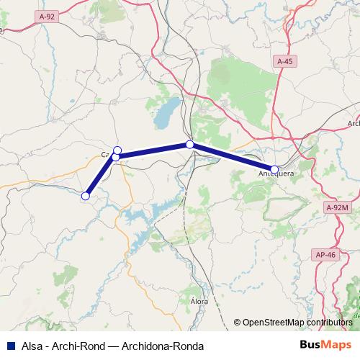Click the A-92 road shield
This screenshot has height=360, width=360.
tap(48, 16)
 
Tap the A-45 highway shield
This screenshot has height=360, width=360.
tap(285, 63)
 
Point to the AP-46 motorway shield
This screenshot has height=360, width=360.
tap(326, 255)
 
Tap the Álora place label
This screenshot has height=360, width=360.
tap(199, 300)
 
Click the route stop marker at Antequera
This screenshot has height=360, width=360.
tap(274, 168)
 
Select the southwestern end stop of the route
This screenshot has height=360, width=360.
tap(85, 195)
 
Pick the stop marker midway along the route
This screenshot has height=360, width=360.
tap(190, 145)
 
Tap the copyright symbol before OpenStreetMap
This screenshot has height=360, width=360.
tap(238, 323)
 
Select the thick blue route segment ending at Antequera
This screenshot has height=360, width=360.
tap(232, 157)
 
